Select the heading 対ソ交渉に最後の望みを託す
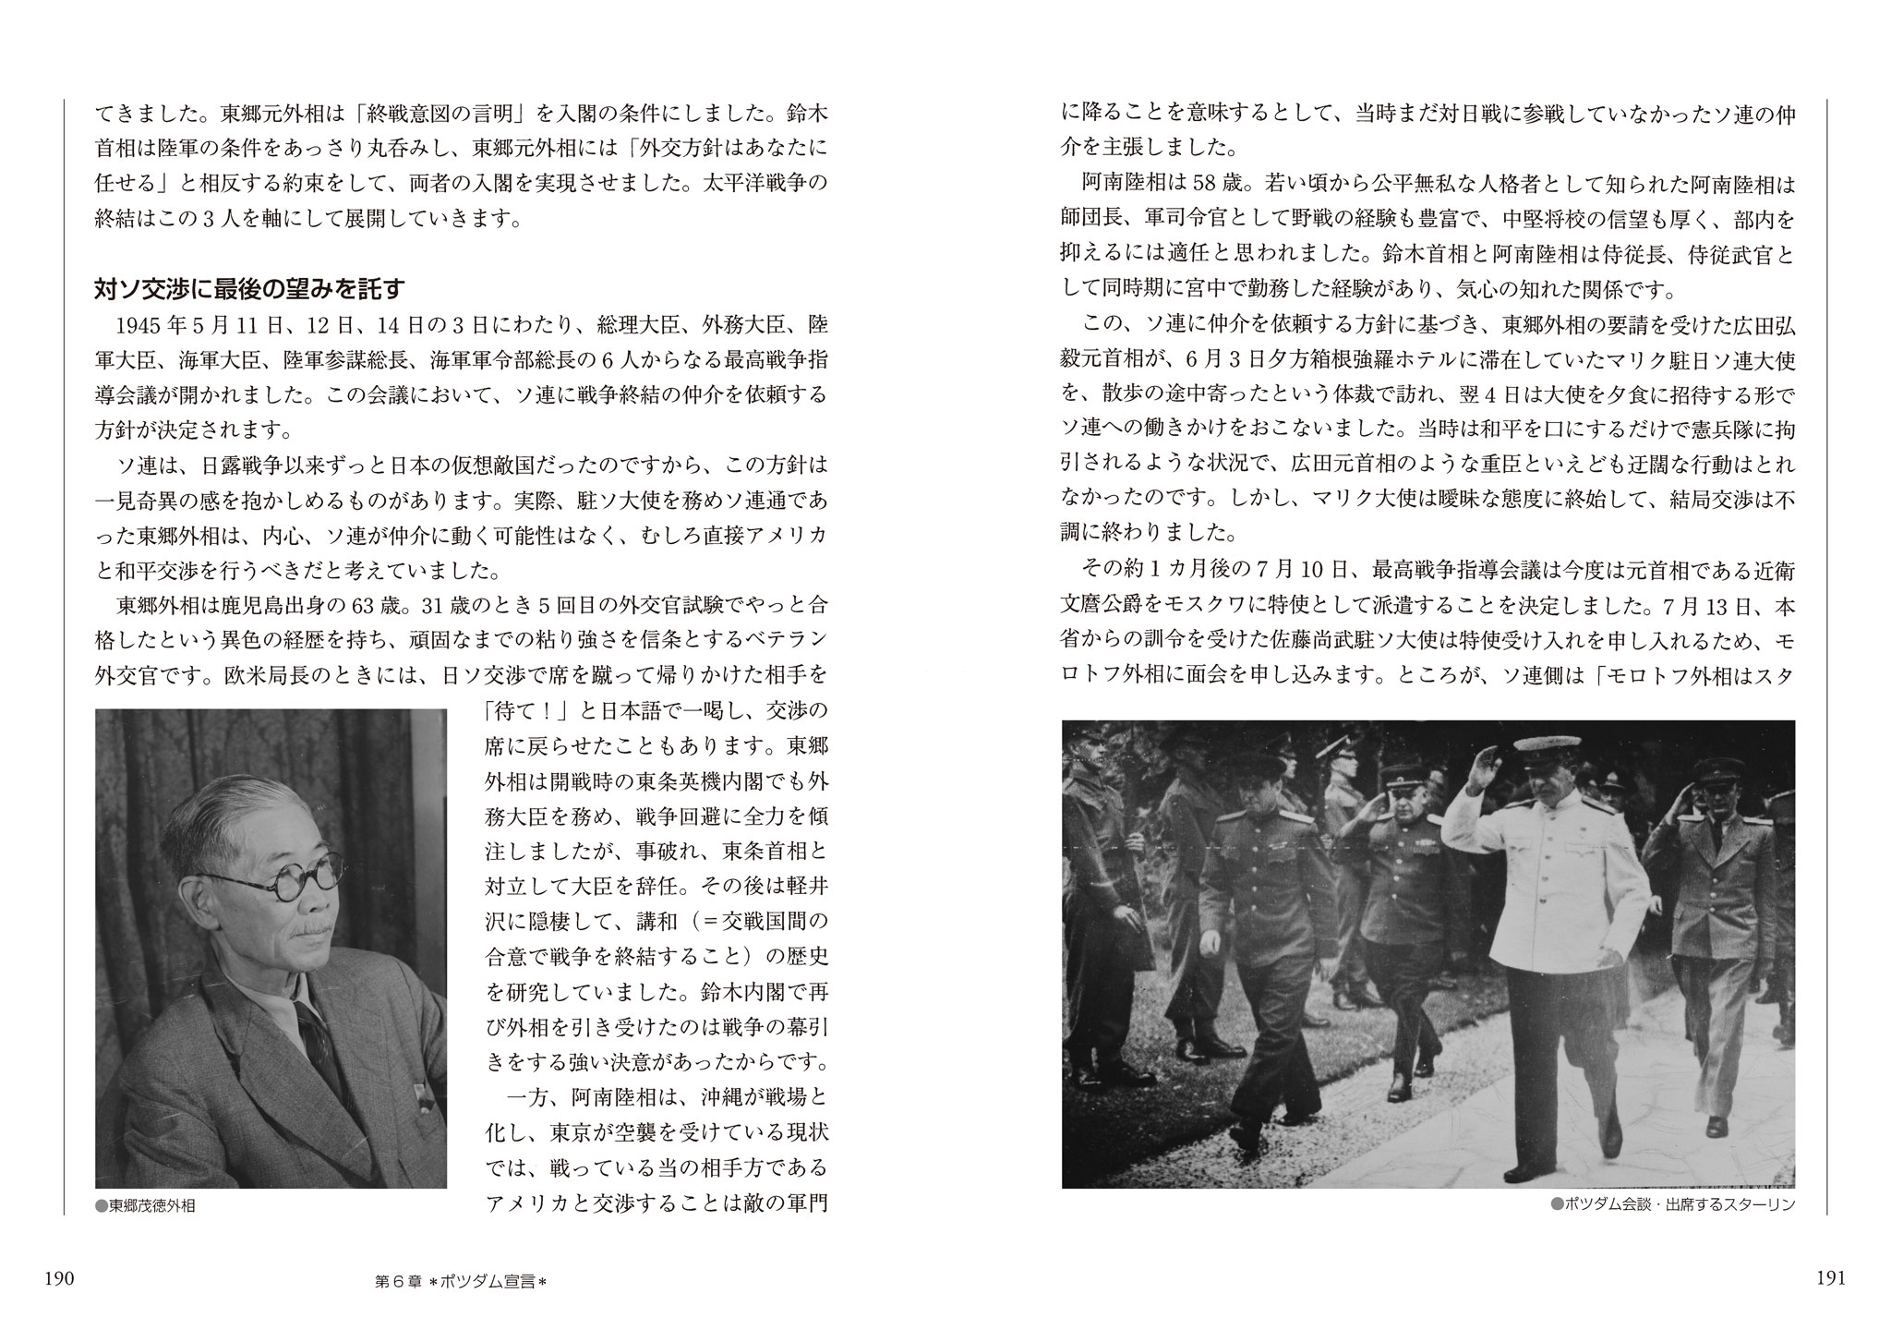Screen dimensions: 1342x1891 249,290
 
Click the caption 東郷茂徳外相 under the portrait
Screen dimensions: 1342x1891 152,1204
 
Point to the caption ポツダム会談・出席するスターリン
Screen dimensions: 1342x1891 1680,1204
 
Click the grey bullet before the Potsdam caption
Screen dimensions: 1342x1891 1557,1204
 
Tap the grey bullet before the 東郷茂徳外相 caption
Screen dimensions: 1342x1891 102,1204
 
